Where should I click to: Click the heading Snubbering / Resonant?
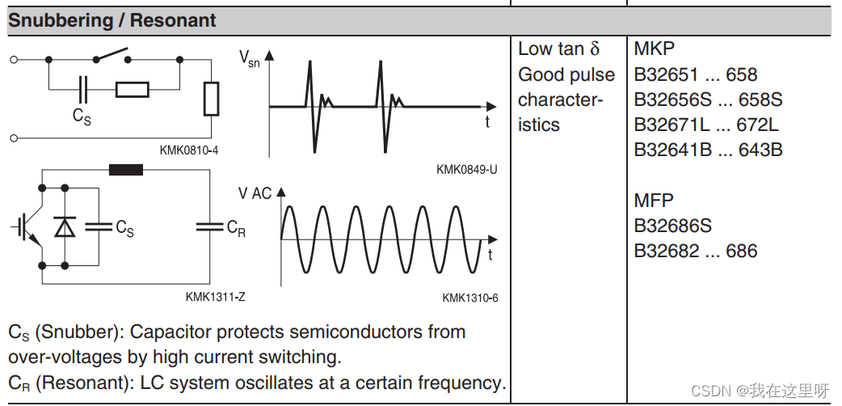pyautogui.click(x=112, y=21)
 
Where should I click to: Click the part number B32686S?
pyautogui.click(x=673, y=226)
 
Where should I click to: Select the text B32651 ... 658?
pyautogui.click(x=696, y=75)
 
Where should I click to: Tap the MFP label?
pyautogui.click(x=654, y=201)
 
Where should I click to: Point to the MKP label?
pyautogui.click(x=654, y=49)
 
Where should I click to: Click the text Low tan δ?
pyautogui.click(x=559, y=49)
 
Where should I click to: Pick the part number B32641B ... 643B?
pyautogui.click(x=708, y=150)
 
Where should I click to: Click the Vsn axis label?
pyautogui.click(x=249, y=58)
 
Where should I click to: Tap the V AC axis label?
pyautogui.click(x=255, y=193)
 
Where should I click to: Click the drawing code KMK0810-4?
pyautogui.click(x=189, y=150)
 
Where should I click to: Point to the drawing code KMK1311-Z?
pyautogui.click(x=215, y=297)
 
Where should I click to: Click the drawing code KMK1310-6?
pyautogui.click(x=469, y=298)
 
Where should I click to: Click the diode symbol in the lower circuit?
pyautogui.click(x=64, y=228)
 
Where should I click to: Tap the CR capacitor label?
pyautogui.click(x=236, y=228)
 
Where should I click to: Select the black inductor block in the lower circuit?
pyautogui.click(x=125, y=170)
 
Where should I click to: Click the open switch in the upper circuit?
pyautogui.click(x=113, y=57)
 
